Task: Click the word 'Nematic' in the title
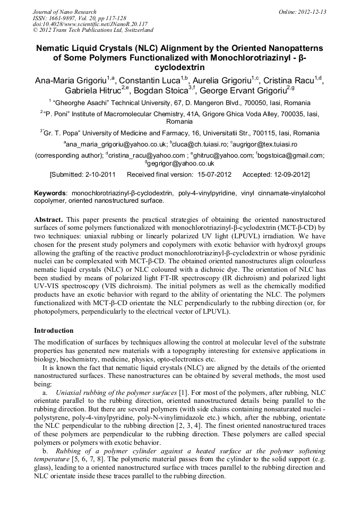coord(55,48)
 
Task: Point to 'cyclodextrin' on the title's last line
coord(179,68)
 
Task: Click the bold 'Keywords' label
coord(51,193)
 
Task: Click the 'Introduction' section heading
coord(54,330)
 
